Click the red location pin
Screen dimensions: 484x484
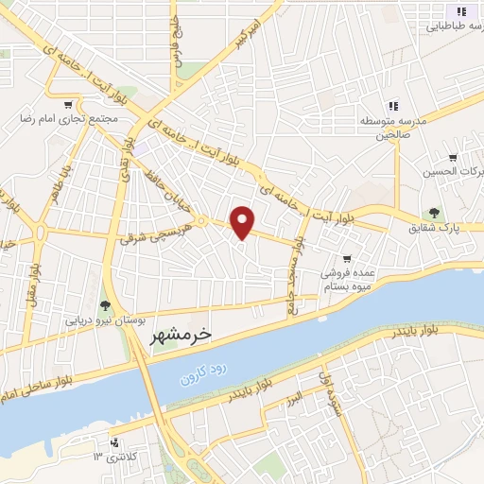(244, 222)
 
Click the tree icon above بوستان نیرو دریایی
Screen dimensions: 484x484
(105, 305)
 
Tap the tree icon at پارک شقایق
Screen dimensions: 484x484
(434, 213)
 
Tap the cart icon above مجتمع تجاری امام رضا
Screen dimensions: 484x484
(67, 104)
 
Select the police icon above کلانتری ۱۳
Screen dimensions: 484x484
(115, 441)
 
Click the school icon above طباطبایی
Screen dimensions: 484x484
(461, 11)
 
